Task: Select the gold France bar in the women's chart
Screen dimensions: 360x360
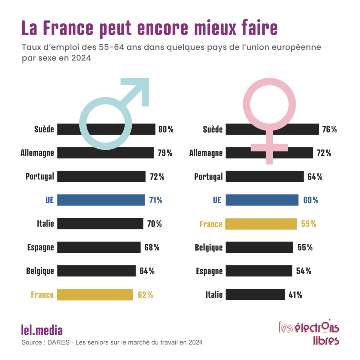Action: tap(261, 224)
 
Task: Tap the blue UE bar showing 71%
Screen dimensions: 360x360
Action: tap(101, 200)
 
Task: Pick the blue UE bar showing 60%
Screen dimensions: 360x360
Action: tap(262, 200)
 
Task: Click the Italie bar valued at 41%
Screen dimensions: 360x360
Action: tap(255, 294)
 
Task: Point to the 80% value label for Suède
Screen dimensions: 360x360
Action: tap(166, 129)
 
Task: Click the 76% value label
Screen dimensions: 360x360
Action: tap(329, 129)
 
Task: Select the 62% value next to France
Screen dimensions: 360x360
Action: tap(145, 294)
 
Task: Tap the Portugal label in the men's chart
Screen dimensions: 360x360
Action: tap(40, 176)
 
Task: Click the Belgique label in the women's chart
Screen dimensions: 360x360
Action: tap(208, 247)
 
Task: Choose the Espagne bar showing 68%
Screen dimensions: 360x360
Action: tap(99, 247)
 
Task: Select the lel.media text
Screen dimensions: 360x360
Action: tap(42, 330)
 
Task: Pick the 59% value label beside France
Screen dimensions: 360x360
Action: tap(309, 224)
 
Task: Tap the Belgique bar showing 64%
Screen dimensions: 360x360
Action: tap(96, 271)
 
